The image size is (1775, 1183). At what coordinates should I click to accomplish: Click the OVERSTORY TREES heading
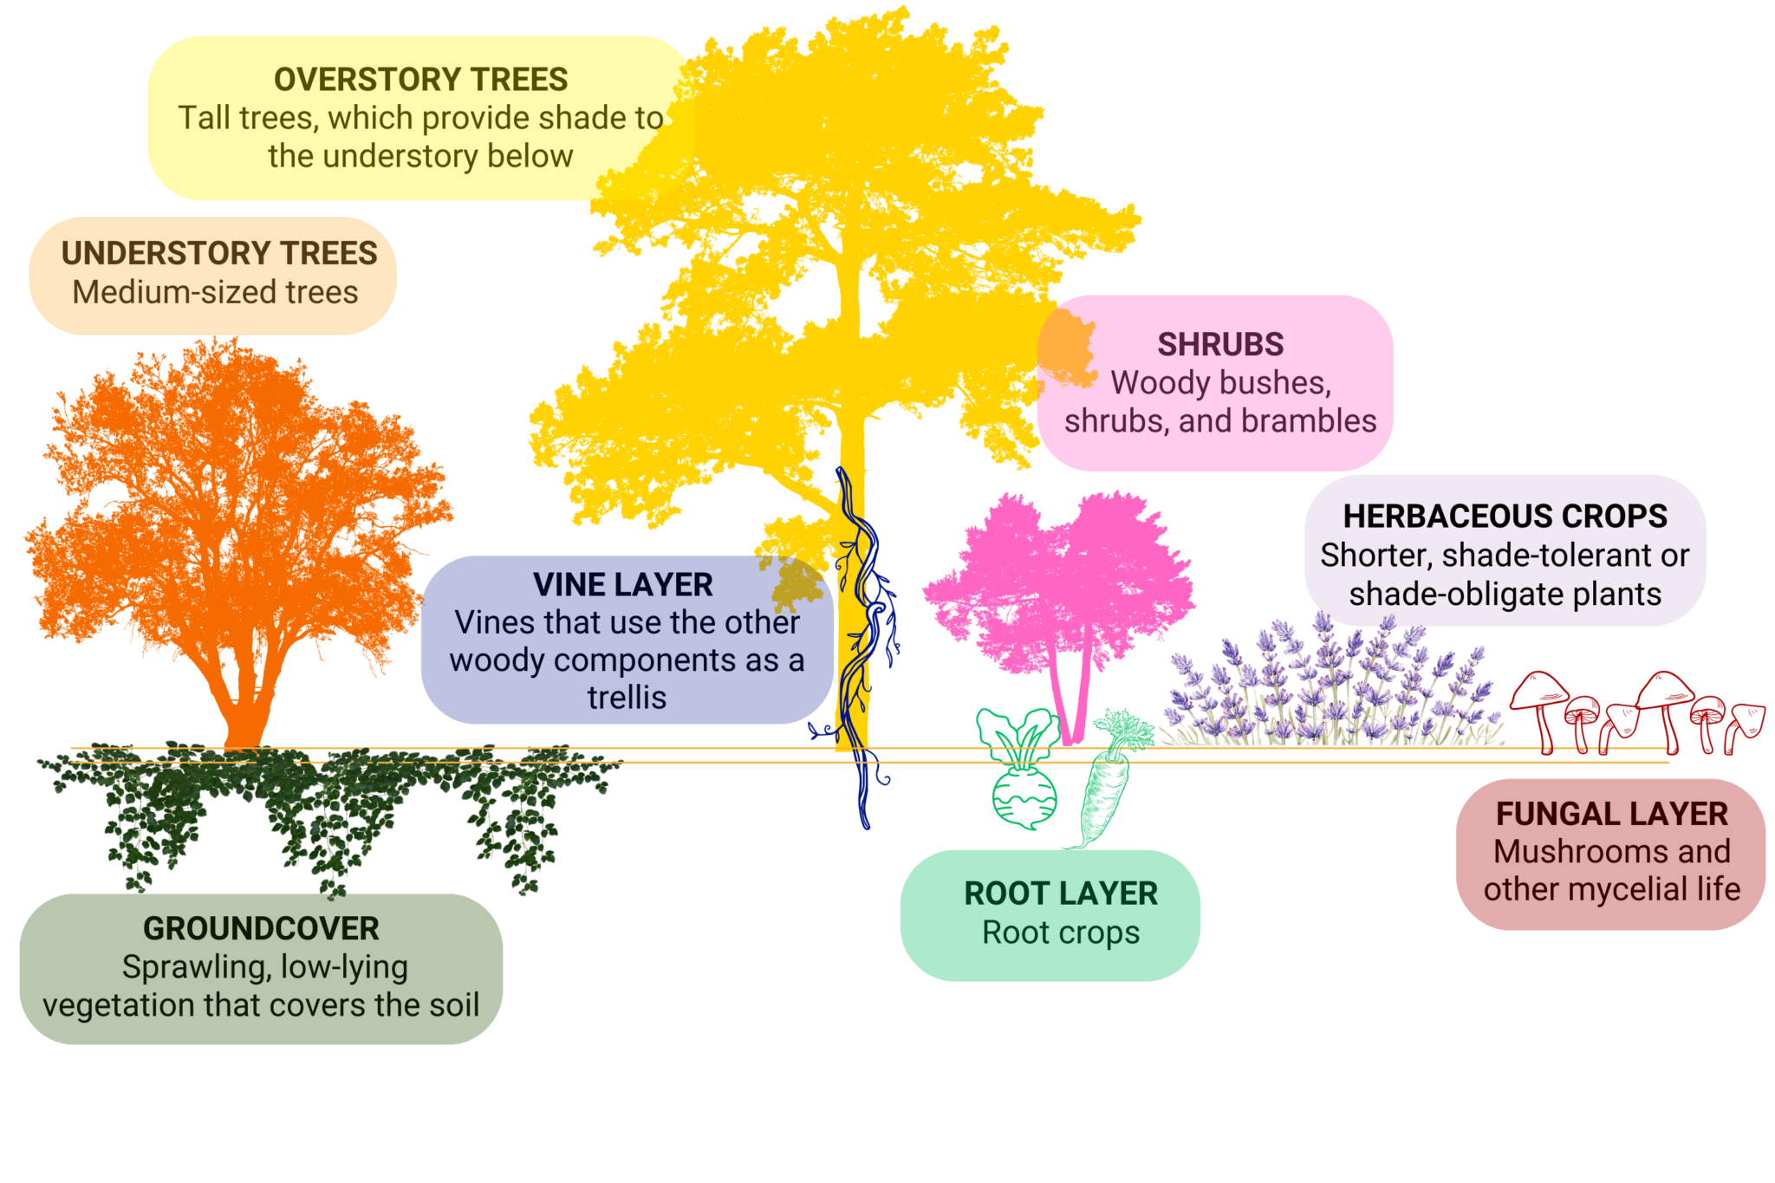(420, 80)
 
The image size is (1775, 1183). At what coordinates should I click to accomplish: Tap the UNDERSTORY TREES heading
(219, 253)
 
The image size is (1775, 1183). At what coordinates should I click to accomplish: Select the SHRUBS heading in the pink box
(1220, 345)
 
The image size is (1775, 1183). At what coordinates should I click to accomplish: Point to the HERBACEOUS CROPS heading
(1505, 517)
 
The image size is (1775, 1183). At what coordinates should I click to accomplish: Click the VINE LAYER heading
(623, 585)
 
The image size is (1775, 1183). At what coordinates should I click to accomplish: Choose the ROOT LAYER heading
(1061, 894)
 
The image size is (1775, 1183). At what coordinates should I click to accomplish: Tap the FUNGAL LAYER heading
(1611, 814)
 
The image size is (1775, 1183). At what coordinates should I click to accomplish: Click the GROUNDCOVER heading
(261, 929)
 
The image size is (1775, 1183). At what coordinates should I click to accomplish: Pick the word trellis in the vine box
(627, 698)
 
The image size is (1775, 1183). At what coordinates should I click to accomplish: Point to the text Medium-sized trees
(215, 293)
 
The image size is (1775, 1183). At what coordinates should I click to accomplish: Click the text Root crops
(1061, 933)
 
